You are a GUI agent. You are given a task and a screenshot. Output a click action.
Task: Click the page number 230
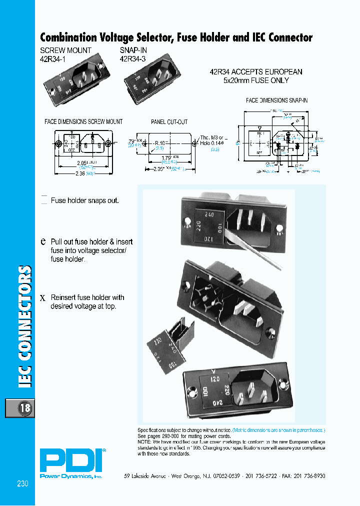pyautogui.click(x=22, y=483)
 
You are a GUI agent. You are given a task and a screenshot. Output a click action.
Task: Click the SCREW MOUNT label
pyautogui.click(x=65, y=50)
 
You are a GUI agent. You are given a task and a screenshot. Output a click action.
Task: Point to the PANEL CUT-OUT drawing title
pyautogui.click(x=169, y=121)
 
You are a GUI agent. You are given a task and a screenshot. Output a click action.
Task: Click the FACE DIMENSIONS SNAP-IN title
pyautogui.click(x=276, y=100)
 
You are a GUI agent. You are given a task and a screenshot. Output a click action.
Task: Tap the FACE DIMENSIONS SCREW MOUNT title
pyautogui.click(x=83, y=121)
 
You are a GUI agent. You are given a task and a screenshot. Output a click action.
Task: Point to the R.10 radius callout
pyautogui.click(x=160, y=143)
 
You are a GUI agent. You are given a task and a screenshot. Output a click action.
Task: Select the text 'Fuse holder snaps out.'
pyautogui.click(x=85, y=200)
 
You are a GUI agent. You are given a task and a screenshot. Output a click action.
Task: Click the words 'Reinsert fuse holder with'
pyautogui.click(x=87, y=297)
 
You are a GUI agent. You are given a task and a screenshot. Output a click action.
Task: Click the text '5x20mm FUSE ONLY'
pyautogui.click(x=256, y=80)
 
